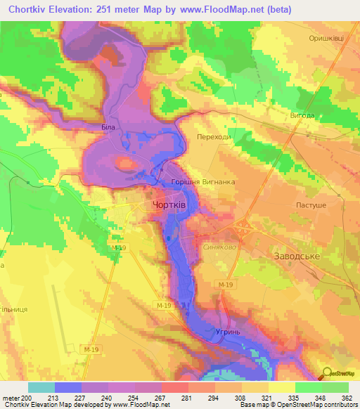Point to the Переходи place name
coord(214,138)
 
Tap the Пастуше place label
coord(310,203)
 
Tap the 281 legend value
coord(186,397)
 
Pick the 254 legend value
coord(133,397)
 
